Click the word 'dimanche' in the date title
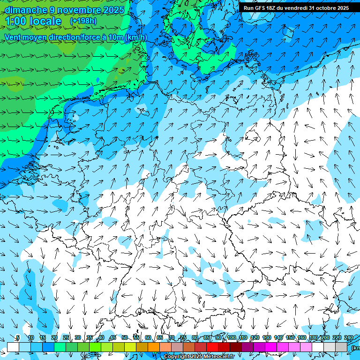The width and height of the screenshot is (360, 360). point(24,10)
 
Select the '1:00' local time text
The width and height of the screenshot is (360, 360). point(16,21)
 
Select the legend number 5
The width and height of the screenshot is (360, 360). point(18,338)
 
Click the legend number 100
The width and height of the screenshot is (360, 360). point(232,338)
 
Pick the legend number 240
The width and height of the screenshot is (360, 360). point(349,338)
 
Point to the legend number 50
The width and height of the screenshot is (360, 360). point(125,338)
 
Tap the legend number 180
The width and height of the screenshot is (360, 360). point(314,338)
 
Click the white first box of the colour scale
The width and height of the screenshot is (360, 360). point(13,347)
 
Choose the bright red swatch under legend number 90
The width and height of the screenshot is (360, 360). point(212,347)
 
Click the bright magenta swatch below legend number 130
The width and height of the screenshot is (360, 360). point(271,347)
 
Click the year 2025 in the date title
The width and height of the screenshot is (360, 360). point(114,10)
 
